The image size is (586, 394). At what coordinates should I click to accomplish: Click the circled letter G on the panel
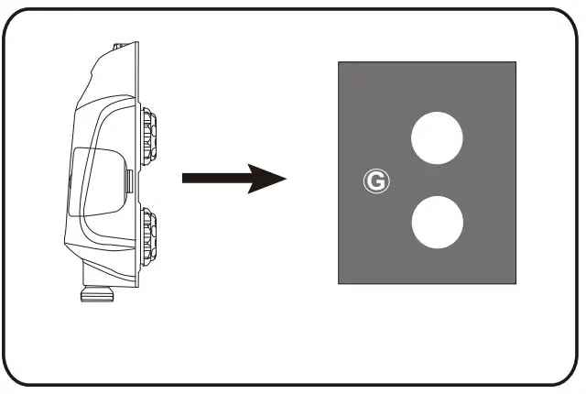point(375,181)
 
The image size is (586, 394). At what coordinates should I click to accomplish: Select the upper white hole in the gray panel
point(437,138)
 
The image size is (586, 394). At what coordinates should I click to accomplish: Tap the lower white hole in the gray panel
point(437,223)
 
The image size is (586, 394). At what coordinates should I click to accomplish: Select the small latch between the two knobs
point(129,179)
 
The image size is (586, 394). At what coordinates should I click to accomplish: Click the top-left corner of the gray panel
point(340,63)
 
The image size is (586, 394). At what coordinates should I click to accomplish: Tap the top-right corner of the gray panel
point(515,63)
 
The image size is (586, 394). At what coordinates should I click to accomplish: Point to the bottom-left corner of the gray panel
point(340,282)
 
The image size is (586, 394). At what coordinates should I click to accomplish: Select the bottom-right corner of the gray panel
point(515,282)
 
